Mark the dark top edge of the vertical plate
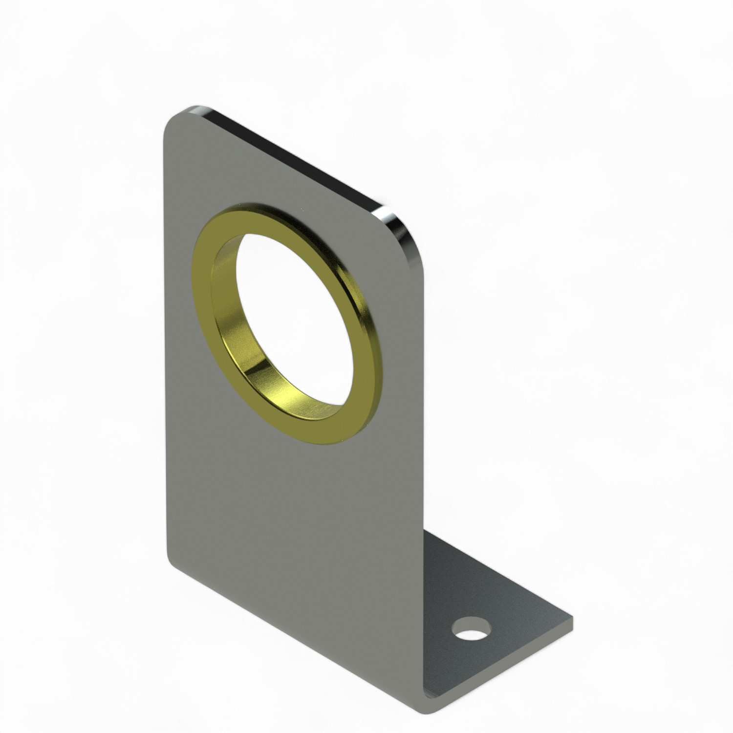point(293,159)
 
